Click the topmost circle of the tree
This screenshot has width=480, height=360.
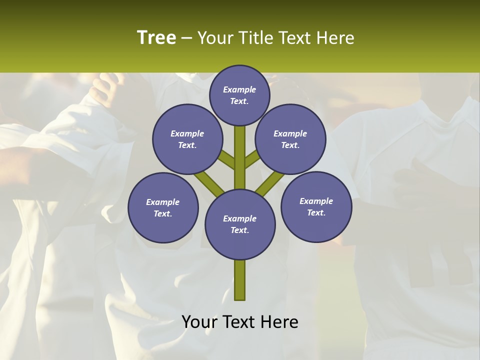pos(239,95)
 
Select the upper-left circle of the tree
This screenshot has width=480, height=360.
pos(187,139)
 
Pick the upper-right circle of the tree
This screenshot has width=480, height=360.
pos(290,139)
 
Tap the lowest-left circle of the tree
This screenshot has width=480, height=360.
pos(163,207)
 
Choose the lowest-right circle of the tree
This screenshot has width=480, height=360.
pos(316,206)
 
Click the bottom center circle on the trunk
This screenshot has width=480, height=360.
pos(240,224)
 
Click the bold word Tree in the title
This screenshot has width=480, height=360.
pos(156,37)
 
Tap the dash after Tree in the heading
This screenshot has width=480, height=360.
pos(186,38)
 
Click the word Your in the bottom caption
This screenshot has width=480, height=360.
pos(199,322)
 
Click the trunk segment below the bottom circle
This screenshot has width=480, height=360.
pos(240,280)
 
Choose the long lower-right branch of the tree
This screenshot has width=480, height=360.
pos(270,183)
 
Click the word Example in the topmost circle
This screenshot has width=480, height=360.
pos(239,89)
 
